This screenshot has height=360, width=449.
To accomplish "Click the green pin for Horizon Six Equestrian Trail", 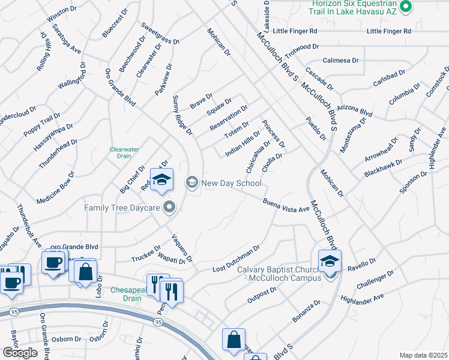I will [406, 7].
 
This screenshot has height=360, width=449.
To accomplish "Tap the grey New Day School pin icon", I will [192, 182].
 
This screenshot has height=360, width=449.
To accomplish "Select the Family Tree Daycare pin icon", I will [170, 208].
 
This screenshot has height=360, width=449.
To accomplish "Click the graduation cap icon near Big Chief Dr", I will [161, 179].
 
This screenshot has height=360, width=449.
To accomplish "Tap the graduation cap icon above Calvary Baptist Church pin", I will [330, 261].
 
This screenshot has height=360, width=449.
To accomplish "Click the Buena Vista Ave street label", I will [285, 205].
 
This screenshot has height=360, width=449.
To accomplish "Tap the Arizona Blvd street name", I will [355, 110].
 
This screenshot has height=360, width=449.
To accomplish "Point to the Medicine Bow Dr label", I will [55, 187].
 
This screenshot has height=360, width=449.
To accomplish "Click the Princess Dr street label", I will [273, 137].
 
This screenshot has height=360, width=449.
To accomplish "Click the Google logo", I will [19, 353].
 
